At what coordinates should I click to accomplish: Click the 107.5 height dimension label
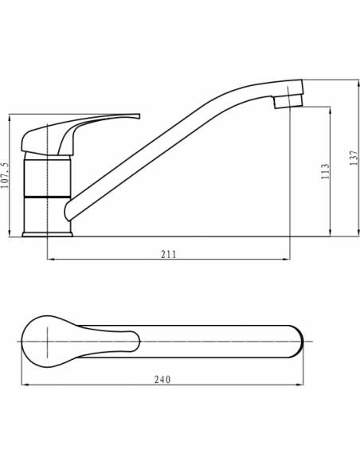[6, 175]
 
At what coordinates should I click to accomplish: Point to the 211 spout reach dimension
[168, 254]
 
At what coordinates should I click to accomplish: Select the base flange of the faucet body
[48, 234]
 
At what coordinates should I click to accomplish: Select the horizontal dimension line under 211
[168, 260]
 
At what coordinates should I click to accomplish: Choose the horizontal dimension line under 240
[164, 385]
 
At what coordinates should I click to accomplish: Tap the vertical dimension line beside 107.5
[14, 175]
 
